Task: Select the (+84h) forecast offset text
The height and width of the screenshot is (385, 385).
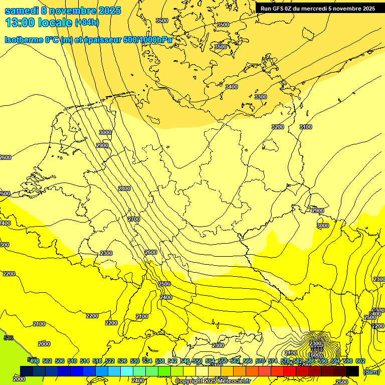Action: (x=87, y=23)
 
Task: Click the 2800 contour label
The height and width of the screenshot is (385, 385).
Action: (x=124, y=188)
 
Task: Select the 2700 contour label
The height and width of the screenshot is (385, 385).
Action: (x=134, y=219)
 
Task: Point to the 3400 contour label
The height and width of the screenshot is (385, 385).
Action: (x=232, y=87)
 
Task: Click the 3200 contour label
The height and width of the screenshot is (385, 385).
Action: (x=278, y=127)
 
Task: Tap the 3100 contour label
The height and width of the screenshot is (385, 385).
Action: (x=306, y=127)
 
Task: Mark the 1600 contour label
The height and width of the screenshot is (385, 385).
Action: (x=314, y=355)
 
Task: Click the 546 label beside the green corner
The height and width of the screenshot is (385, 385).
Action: (x=9, y=338)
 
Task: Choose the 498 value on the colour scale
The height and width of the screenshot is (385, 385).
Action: (x=34, y=361)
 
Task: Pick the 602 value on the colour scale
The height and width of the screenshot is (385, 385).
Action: (x=360, y=361)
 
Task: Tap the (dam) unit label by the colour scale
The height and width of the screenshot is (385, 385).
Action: (x=371, y=372)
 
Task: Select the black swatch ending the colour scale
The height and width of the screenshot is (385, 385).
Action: (x=352, y=371)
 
